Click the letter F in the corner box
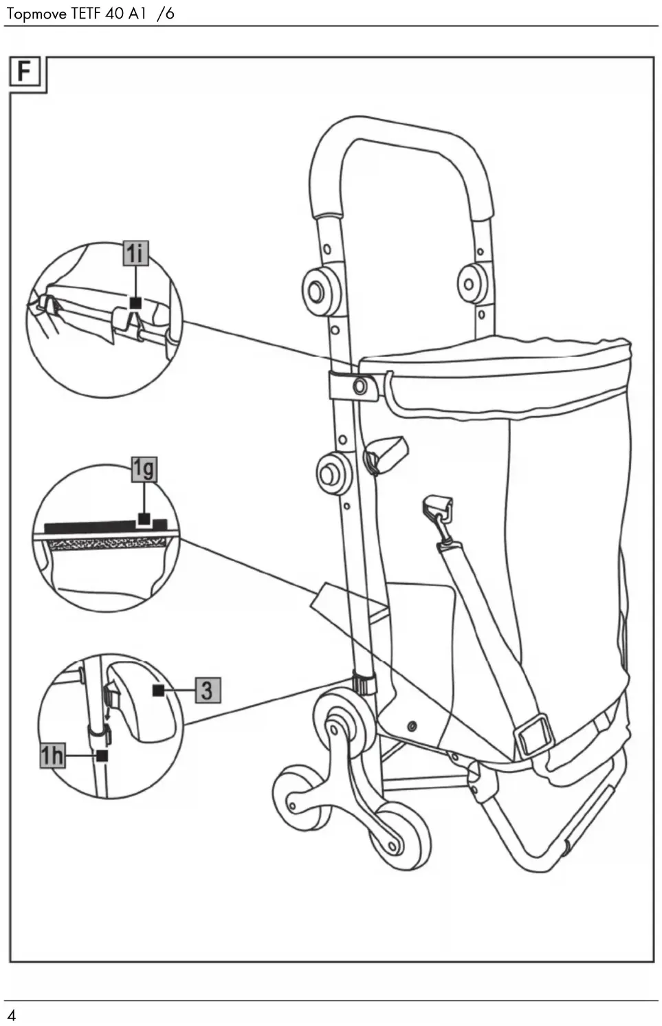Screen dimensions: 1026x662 pos(25,71)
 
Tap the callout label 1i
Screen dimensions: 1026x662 pos(135,254)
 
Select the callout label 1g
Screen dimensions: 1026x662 pos(144,469)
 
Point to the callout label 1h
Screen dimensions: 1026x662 pos(52,756)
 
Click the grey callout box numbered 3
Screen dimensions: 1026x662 pos(207,690)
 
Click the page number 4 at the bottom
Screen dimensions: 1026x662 pos(12,1015)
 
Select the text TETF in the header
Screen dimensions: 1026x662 pos(87,14)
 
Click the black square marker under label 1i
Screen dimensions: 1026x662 pos(135,303)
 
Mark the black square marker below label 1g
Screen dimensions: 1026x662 pos(144,518)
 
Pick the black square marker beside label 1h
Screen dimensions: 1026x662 pos(102,755)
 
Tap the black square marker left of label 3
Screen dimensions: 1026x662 pos(159,690)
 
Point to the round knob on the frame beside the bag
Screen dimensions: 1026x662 pos(333,473)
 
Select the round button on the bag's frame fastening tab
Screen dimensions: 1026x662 pos(360,386)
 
